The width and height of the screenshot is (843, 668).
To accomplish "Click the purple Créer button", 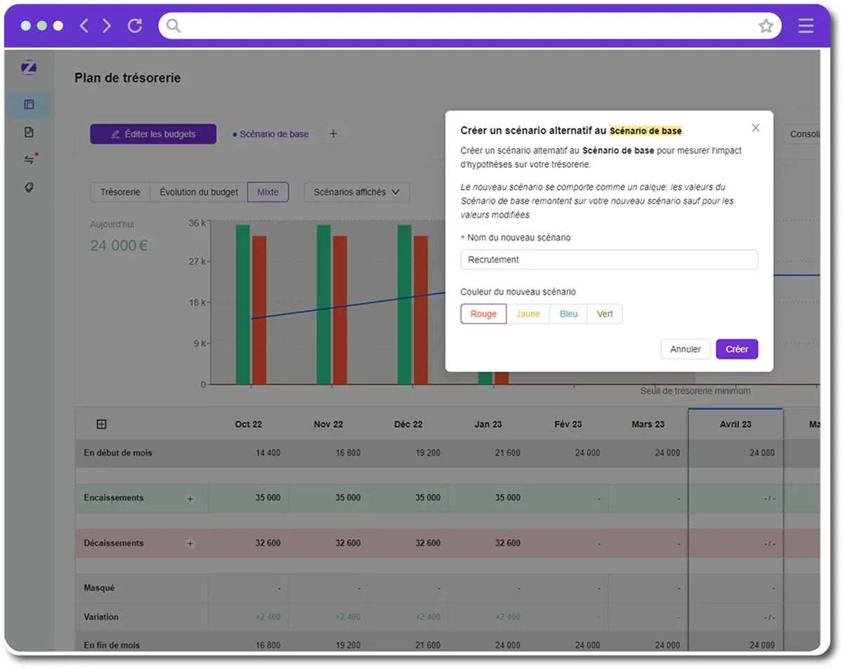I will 736,349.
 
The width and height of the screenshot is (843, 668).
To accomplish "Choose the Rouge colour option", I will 483,314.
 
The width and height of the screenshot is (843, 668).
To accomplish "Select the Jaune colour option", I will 528,314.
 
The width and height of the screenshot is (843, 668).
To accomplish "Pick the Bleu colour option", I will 568,314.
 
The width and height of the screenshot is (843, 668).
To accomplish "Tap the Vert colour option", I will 605,314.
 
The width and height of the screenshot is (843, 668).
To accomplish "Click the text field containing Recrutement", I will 608,260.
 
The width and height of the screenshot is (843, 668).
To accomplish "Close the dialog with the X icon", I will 755,128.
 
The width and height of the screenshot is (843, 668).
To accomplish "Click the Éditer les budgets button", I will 153,134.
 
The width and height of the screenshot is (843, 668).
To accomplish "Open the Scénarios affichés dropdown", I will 356,192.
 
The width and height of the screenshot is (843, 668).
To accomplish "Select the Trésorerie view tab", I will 120,192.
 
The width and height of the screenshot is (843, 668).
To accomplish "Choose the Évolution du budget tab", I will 199,192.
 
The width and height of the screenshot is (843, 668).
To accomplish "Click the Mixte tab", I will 268,192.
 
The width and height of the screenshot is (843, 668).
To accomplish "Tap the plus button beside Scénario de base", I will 333,134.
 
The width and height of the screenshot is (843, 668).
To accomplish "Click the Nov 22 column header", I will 328,425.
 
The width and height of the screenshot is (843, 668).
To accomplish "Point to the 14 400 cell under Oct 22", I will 268,453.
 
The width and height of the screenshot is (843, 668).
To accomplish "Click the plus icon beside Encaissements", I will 190,499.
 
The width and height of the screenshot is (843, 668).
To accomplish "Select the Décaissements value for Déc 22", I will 428,543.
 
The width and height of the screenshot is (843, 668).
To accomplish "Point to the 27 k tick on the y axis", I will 197,262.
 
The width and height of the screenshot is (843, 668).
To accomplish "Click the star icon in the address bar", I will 766,26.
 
